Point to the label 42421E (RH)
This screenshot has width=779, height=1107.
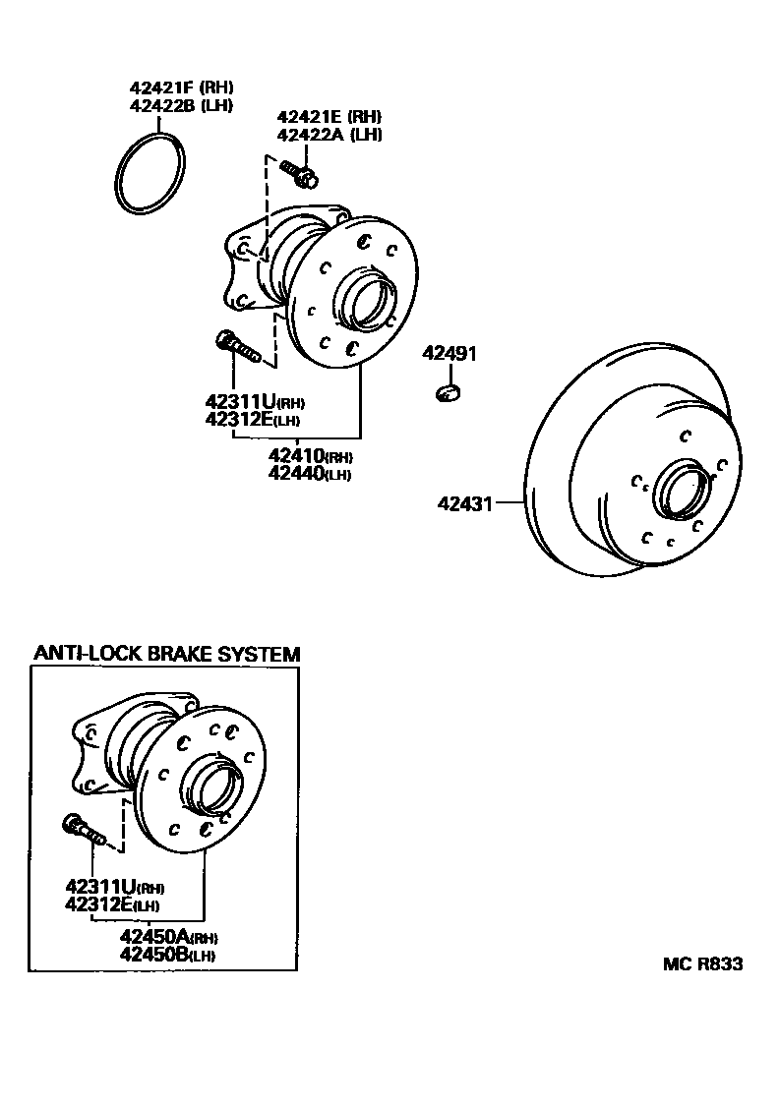329,116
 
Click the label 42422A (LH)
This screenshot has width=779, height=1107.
329,135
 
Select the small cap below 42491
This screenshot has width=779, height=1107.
448,393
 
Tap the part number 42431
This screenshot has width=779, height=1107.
464,503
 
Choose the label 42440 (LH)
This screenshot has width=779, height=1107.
309,474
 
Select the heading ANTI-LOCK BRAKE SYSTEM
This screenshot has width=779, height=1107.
166,654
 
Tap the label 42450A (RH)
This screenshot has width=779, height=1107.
168,936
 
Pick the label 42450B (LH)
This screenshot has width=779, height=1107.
167,954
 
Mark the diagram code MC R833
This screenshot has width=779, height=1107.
702,964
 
